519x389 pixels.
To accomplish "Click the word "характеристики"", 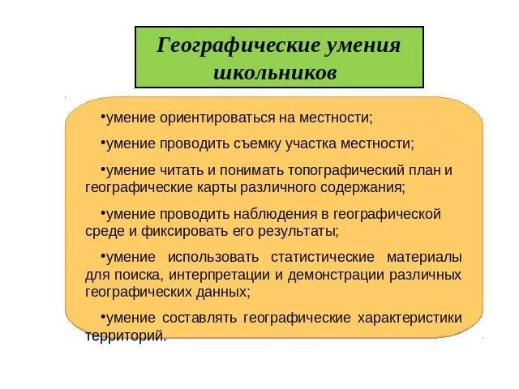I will (408, 317).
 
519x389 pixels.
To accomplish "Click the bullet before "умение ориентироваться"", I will (103, 116).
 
